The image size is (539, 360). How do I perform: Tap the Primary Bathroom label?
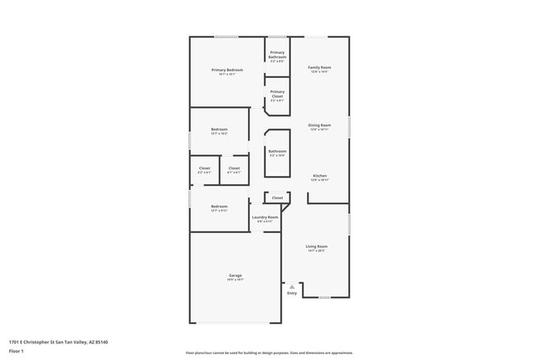(x=277, y=55)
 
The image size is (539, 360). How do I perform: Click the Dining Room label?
(x=319, y=125)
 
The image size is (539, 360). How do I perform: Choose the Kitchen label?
(x=319, y=176)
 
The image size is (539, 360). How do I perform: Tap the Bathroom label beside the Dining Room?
(x=277, y=151)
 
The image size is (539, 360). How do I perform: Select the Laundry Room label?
(x=265, y=217)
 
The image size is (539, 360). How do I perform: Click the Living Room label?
(x=317, y=246)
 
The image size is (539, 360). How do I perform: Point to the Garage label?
(x=236, y=275)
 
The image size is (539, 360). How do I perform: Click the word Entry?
(x=292, y=293)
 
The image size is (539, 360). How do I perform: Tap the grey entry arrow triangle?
(x=292, y=286)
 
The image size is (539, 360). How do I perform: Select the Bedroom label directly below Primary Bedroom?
(x=219, y=129)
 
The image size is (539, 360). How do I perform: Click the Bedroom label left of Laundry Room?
(x=219, y=207)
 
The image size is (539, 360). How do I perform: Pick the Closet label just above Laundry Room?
(x=277, y=197)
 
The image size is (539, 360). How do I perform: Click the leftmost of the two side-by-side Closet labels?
(x=204, y=168)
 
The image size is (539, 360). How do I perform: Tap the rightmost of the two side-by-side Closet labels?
(x=234, y=168)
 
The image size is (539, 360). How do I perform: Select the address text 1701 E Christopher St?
(x=58, y=341)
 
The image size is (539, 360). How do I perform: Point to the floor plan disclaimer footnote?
(x=269, y=353)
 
